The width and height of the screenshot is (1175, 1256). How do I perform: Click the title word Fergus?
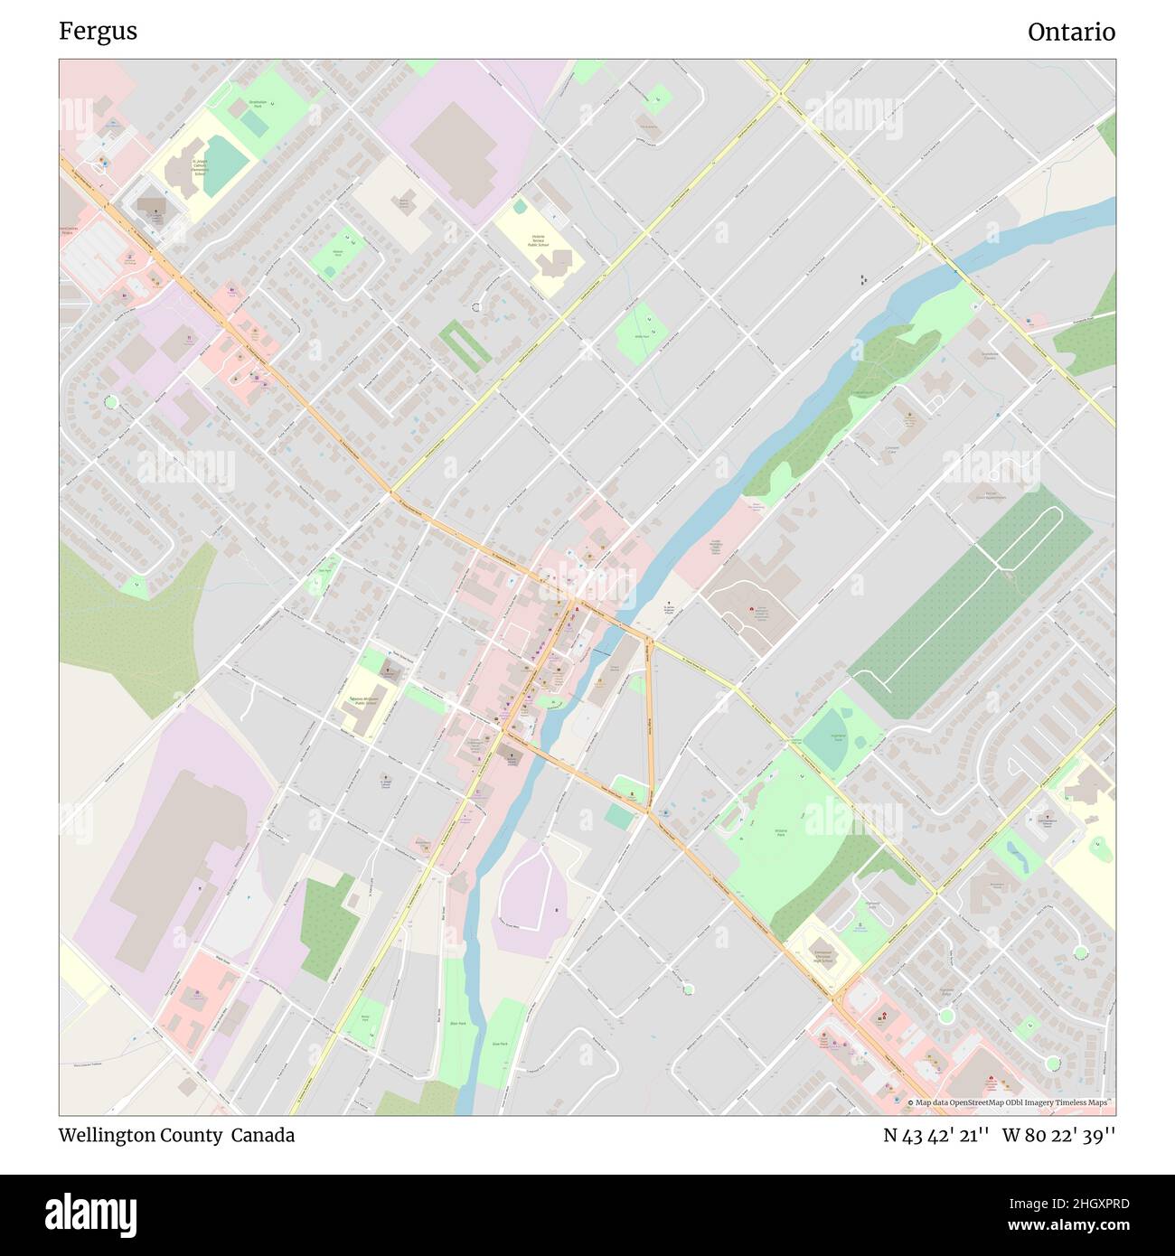click(x=98, y=32)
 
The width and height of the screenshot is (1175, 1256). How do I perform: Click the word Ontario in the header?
click(x=1070, y=32)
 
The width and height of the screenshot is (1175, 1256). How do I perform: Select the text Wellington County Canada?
click(x=176, y=1135)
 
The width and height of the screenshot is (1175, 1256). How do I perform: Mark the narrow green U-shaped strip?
click(x=465, y=346)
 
